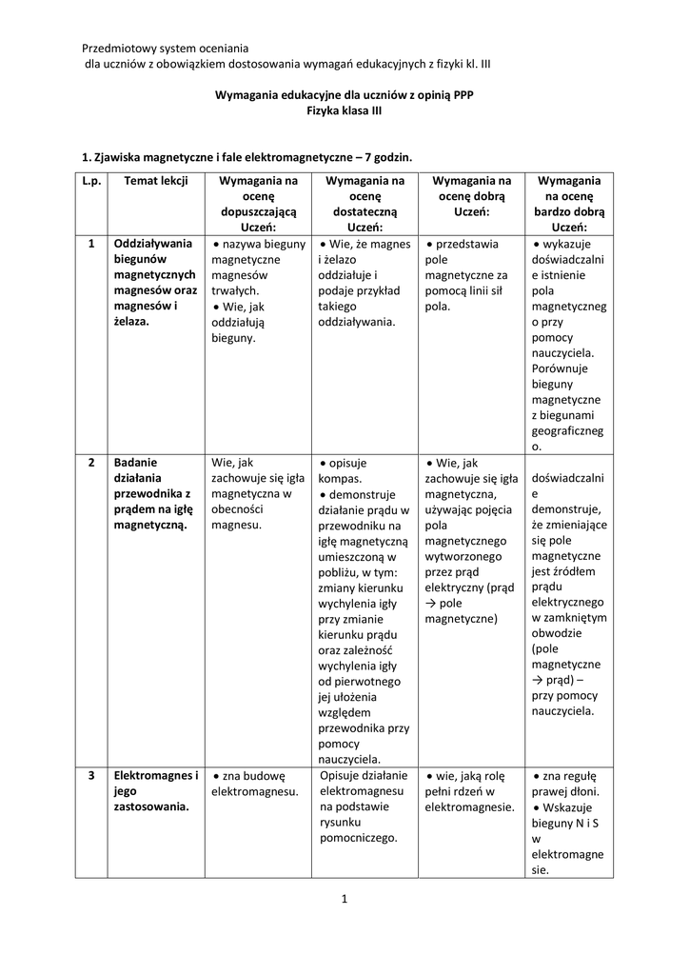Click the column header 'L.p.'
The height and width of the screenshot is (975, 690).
point(91,180)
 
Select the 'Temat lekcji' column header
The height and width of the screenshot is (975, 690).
point(149,180)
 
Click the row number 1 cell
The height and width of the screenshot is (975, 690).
point(91,244)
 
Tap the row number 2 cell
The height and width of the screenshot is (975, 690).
point(91,462)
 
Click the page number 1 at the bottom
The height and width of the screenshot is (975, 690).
point(345,897)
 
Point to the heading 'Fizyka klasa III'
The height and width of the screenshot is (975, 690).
point(345,111)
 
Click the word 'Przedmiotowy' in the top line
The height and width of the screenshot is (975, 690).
point(117,48)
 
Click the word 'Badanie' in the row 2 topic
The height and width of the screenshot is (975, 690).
point(136,462)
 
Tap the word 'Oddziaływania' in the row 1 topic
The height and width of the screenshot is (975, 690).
point(153,244)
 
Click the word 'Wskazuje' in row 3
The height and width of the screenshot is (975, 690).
point(572,807)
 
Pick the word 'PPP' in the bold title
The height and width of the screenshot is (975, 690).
point(461,95)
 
